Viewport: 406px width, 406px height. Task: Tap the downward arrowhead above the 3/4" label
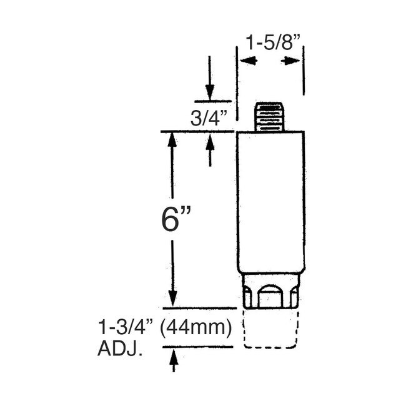pyautogui.click(x=209, y=93)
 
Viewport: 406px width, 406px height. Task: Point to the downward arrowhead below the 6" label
pyautogui.click(x=173, y=298)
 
